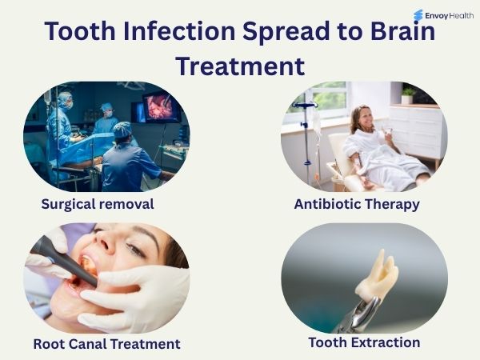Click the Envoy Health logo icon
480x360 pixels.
coord(418,15)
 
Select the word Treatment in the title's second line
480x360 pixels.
coord(240,65)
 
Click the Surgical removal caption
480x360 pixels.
coord(98,204)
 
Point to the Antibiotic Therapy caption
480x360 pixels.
coord(357,204)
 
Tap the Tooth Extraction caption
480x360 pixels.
coord(364,342)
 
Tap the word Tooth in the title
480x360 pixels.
coord(77,32)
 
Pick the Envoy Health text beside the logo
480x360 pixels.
coord(450,15)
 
